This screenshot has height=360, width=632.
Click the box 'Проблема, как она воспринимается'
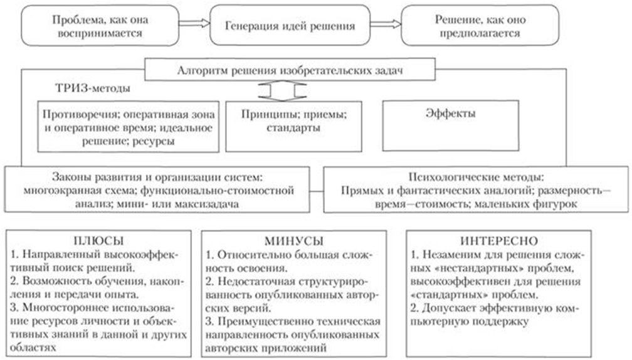[x=100, y=25]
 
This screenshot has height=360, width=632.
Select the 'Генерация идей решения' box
[x=290, y=25]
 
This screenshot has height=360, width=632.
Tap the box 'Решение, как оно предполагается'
[x=480, y=25]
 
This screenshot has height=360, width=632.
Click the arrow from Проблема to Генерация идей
[x=194, y=23]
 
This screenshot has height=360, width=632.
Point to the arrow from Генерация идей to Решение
[x=386, y=24]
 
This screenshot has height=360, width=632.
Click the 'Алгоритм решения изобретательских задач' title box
[x=290, y=70]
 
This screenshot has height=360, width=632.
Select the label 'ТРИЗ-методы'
[x=93, y=88]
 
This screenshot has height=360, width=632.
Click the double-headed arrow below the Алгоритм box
[x=282, y=91]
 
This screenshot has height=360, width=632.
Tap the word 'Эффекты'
[x=451, y=114]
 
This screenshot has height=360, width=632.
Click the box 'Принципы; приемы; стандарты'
[x=293, y=126]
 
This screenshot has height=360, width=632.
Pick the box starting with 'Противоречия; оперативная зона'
[x=128, y=127]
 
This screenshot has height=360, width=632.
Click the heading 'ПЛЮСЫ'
[x=98, y=241]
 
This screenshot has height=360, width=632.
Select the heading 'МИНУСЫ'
[x=294, y=241]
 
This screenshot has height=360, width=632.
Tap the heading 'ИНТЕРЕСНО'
[x=499, y=241]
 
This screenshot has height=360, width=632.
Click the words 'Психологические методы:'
[x=476, y=177]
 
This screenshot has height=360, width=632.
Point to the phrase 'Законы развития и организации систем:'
[x=157, y=177]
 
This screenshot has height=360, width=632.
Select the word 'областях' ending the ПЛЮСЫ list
[x=33, y=347]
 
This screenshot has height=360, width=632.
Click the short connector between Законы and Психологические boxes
[x=317, y=191]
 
